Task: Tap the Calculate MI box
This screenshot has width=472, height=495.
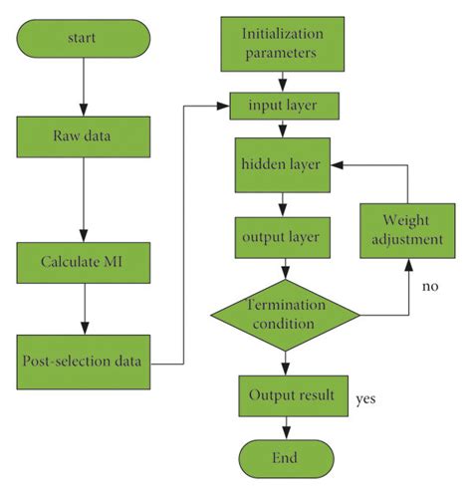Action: (84, 264)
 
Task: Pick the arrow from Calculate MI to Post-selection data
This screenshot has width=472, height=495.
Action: (84, 310)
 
